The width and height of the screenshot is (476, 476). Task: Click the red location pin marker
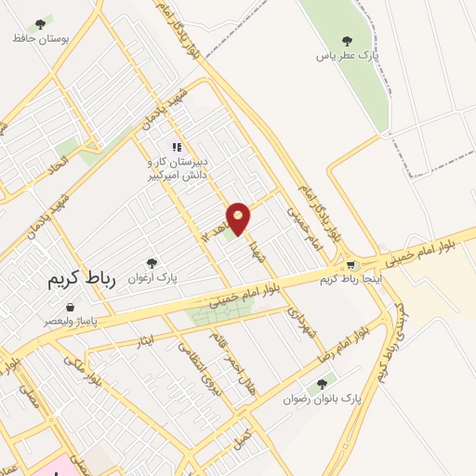click(239, 218)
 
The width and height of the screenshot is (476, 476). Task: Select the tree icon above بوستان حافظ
click(39, 23)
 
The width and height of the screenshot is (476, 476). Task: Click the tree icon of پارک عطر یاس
click(347, 41)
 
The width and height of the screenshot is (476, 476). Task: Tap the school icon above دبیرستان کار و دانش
click(177, 147)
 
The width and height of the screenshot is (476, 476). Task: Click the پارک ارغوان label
click(153, 277)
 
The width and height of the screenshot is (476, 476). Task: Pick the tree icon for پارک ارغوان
click(152, 263)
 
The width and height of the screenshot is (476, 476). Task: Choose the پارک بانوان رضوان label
click(323, 399)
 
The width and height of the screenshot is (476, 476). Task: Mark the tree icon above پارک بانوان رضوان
click(322, 383)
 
